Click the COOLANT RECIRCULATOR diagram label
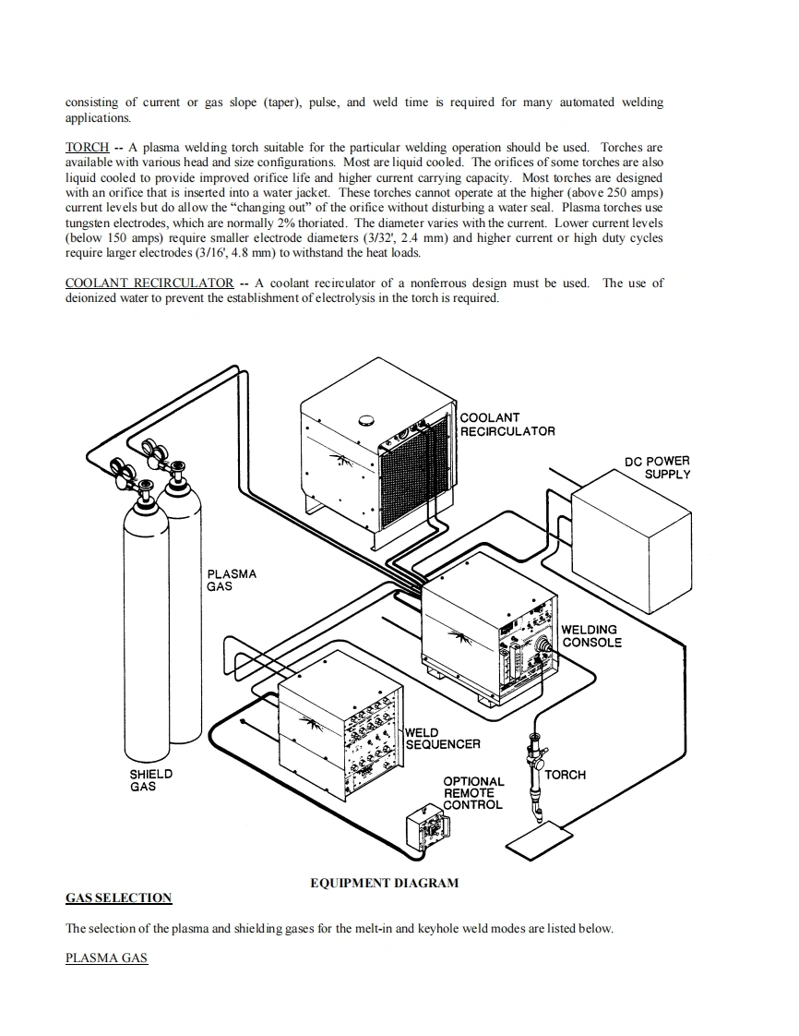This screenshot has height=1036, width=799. pos(507,425)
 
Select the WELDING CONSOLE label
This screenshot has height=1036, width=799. pos(591,636)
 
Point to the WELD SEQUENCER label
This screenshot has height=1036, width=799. pos(442,738)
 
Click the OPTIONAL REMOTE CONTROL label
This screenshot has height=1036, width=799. pos(472,793)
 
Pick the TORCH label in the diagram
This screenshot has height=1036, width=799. pos(565,775)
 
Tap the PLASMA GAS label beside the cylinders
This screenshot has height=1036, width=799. pos(232,580)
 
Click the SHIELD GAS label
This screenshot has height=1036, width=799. pos(150,780)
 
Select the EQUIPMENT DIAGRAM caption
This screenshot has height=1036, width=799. pos(384,883)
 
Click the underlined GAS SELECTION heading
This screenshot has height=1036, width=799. pos(118,897)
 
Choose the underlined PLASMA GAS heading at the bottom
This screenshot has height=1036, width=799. pos(106,958)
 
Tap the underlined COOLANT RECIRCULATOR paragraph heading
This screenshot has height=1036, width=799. pos(149,283)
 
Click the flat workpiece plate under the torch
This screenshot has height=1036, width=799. pos(541,839)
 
